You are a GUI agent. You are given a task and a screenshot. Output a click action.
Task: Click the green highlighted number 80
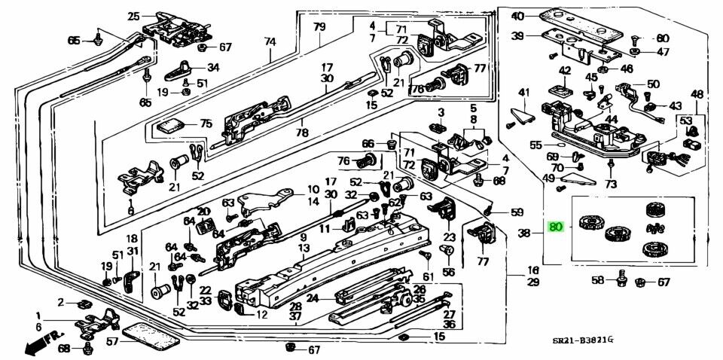[x=557, y=227]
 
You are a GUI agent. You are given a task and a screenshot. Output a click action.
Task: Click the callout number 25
[x=133, y=16]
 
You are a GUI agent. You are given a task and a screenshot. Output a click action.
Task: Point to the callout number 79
[x=319, y=27]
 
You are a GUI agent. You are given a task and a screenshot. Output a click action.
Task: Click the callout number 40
[x=517, y=17]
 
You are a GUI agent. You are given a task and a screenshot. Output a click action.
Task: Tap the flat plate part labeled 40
[x=580, y=20]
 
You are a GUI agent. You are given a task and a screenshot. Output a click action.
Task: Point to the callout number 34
[x=213, y=67]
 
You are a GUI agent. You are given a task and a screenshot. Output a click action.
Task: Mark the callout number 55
[x=536, y=145]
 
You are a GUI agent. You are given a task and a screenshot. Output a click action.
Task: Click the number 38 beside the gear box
[x=525, y=233]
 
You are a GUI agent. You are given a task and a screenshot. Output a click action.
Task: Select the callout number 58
[x=597, y=280]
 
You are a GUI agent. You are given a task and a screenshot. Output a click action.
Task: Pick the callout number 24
[x=312, y=297]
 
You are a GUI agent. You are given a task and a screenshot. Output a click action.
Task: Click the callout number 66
[x=368, y=144]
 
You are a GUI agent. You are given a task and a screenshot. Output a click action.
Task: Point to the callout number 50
[x=652, y=84]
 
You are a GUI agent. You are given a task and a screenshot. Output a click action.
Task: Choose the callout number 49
[x=549, y=178]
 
